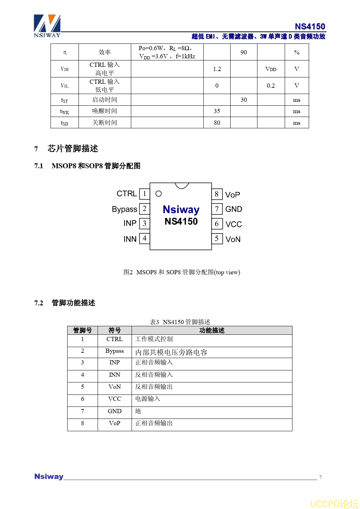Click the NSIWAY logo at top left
click(47, 25)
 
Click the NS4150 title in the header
click(310, 27)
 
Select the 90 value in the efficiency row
click(244, 52)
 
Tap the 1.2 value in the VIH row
click(217, 69)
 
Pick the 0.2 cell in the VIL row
click(271, 86)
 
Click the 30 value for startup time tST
click(244, 100)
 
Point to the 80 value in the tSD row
click(217, 123)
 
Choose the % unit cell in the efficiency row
click(297, 52)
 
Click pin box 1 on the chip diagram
click(144, 194)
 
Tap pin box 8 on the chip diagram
click(217, 194)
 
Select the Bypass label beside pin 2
click(124, 209)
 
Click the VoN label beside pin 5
click(233, 239)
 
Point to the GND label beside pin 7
click(234, 209)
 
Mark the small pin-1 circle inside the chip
click(158, 194)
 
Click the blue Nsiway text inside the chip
click(181, 210)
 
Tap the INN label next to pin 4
click(130, 239)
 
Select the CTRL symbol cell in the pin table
click(115, 339)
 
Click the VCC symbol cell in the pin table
click(115, 399)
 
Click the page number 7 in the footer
click(320, 477)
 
